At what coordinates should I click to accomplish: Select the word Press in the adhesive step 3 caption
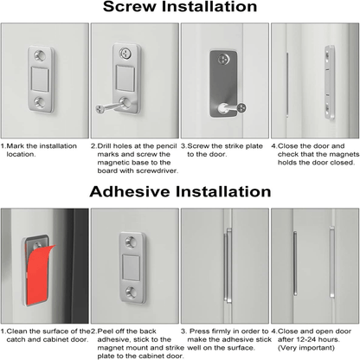pyautogui.click(x=199, y=331)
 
